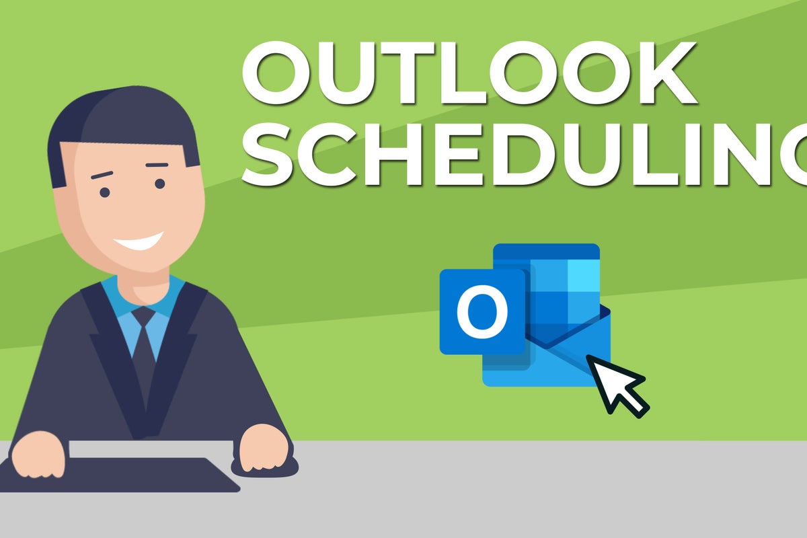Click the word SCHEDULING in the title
click(x=524, y=155)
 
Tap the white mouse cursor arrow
click(x=617, y=385)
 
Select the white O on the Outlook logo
click(x=482, y=311)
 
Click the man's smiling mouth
click(x=139, y=241)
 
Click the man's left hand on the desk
click(x=265, y=448)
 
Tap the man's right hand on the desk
click(x=38, y=455)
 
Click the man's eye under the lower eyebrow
click(x=105, y=192)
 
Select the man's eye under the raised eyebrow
click(x=160, y=184)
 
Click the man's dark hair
click(x=122, y=122)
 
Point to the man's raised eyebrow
click(x=157, y=165)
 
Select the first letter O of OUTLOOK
click(x=276, y=73)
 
